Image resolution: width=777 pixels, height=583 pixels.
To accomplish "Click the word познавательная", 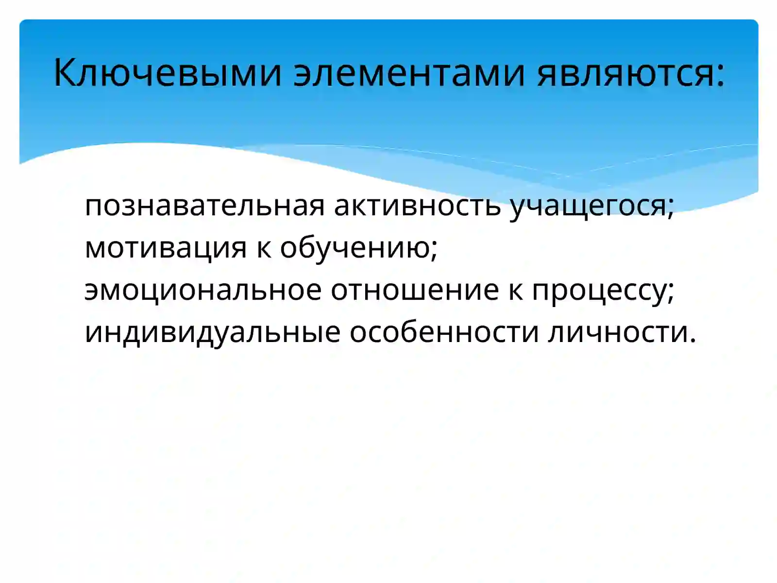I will coord(204,206).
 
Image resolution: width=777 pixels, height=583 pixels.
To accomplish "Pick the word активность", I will coord(417,206).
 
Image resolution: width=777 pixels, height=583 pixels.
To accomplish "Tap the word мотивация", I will coord(166,247).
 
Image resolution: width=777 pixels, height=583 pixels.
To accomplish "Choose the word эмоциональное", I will coord(203,290).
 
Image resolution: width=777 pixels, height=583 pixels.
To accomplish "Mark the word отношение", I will coord(415,290).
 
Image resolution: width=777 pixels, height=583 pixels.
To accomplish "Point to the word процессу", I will coord(598,290).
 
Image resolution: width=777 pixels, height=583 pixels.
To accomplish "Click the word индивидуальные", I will coord(212,332).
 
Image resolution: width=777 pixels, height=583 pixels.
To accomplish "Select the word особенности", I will coord(444,332).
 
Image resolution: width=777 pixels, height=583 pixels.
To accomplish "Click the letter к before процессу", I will coord(515,291).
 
